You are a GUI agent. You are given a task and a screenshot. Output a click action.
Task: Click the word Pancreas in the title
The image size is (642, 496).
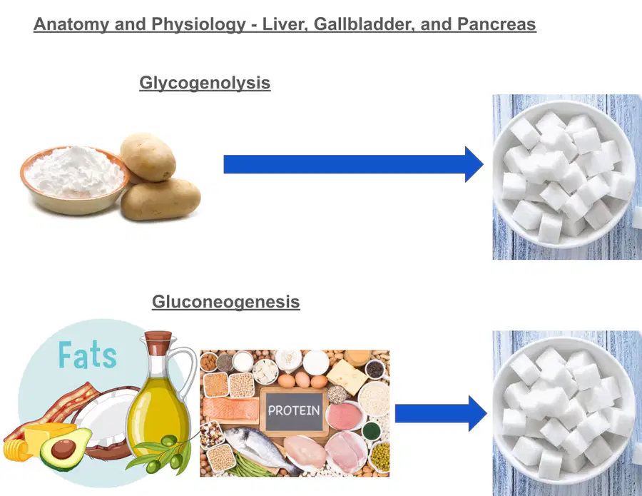[x=496, y=24]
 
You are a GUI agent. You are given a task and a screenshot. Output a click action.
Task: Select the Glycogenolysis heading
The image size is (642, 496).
[x=205, y=83]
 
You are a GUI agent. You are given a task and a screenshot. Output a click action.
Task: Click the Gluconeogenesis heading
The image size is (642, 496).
[x=226, y=302]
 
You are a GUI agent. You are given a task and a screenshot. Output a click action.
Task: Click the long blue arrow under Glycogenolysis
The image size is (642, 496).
[x=353, y=164]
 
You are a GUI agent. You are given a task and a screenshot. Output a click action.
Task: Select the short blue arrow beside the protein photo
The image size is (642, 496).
[x=441, y=413]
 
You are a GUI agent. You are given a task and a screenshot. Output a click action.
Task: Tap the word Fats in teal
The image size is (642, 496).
[x=87, y=355]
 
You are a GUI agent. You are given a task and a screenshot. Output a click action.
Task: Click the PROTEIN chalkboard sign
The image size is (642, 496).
[x=294, y=410]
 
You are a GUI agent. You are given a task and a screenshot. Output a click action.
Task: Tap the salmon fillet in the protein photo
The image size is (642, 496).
[x=231, y=409]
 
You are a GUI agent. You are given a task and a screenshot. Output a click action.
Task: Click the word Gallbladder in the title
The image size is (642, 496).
[x=364, y=24]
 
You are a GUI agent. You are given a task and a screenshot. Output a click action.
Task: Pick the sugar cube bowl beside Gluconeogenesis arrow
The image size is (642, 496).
[x=564, y=410]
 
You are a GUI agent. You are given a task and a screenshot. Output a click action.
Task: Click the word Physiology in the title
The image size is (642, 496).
[x=198, y=24]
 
